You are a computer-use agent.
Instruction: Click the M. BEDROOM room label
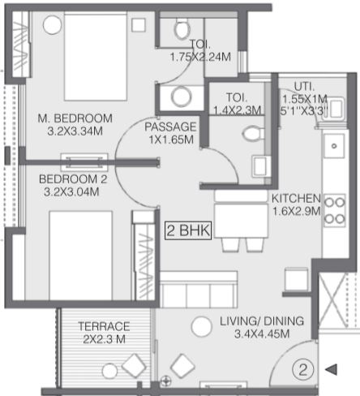pos(75,118)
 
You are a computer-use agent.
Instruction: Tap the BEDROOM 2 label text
pos(73,179)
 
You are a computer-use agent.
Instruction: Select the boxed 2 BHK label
pos(188,230)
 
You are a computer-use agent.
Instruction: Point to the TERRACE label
pos(104,326)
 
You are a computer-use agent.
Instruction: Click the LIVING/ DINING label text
pos(262,321)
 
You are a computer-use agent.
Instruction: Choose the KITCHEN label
pos(296,198)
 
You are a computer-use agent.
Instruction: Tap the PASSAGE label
pos(170,127)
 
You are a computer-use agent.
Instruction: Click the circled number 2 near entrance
pos(303,369)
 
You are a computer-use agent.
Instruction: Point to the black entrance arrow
pos(332,369)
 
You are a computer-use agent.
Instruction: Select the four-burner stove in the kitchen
pos(335,210)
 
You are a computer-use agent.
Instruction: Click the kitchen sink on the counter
pos(334,146)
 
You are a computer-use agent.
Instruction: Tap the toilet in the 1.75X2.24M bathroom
pos(182,28)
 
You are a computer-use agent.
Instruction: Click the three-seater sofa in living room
pos(199,290)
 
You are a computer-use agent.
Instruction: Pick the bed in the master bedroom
pos(96,57)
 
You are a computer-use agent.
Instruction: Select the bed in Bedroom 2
pos(80,256)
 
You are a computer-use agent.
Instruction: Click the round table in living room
pos(201,326)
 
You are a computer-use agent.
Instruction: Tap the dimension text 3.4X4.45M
pos(262,334)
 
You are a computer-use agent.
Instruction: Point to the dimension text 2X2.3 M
pos(105,339)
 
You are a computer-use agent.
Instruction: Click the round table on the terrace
pos(110,371)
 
